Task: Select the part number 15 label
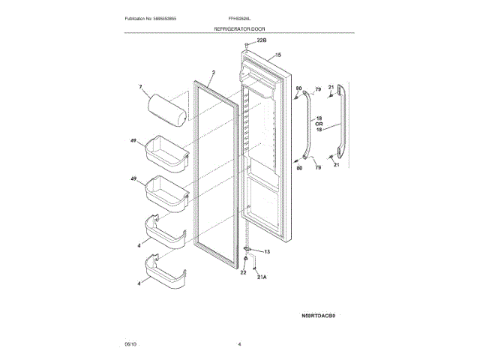coord(277,55)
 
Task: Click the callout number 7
coord(139,88)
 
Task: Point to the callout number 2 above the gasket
coord(212,73)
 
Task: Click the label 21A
coord(262,276)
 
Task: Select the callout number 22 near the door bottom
coord(243,272)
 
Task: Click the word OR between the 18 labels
coord(319,124)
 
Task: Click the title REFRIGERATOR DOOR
coord(238,28)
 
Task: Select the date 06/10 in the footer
coord(130,343)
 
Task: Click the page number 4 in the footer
coord(239,343)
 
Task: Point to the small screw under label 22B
coord(246,46)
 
